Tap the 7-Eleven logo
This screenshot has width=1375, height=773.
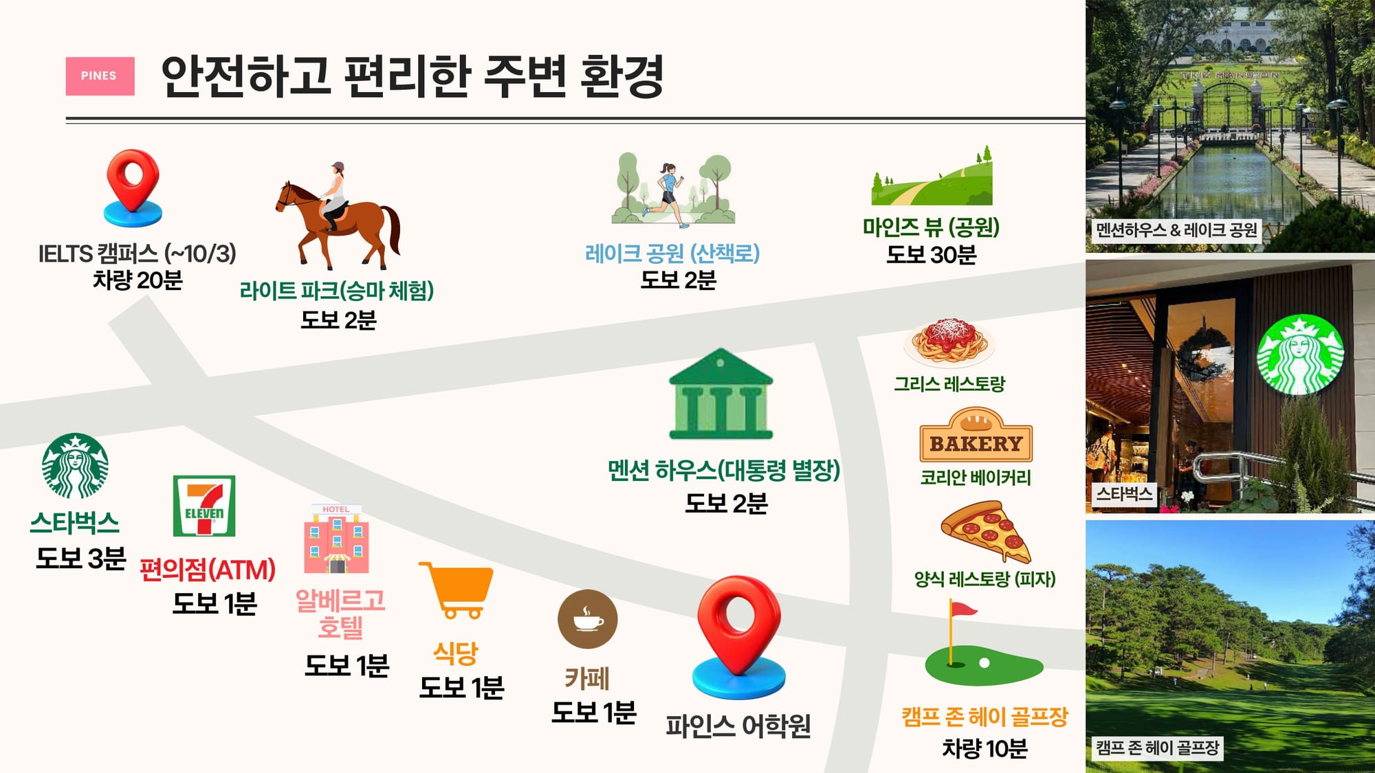(x=204, y=506)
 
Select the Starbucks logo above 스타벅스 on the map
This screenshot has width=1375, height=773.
(x=75, y=466)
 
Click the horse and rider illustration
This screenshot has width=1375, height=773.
(x=338, y=216)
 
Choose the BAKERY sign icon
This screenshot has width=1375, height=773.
(x=976, y=435)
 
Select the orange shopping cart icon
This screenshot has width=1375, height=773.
(x=458, y=590)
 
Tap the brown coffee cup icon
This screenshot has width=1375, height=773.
(x=588, y=619)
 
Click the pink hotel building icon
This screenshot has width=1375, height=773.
(x=336, y=539)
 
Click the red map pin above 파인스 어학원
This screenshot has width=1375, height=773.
(x=739, y=636)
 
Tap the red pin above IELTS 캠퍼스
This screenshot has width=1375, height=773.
(x=133, y=187)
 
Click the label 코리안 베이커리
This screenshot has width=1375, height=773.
(x=976, y=478)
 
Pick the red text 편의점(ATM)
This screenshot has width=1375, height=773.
(x=208, y=570)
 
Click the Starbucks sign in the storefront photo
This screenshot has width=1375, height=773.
(x=1299, y=355)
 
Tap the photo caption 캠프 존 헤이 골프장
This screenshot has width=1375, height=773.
(x=1157, y=748)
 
